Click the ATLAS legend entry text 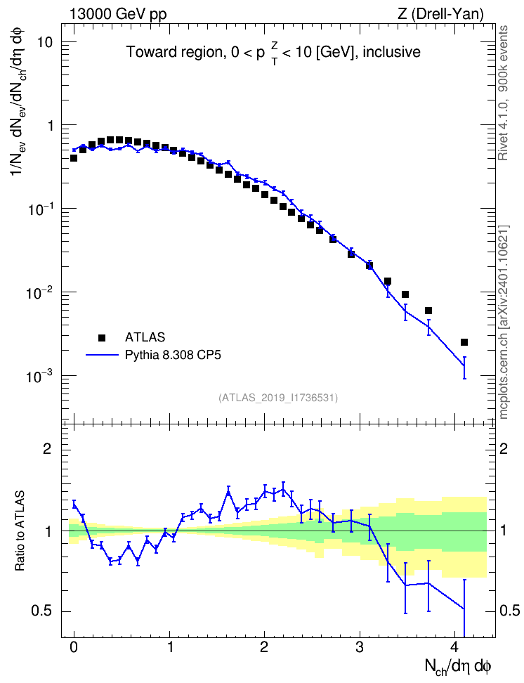pos(145,337)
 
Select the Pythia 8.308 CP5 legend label pos(173,355)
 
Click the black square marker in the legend pos(102,337)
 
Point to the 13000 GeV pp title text pos(118,14)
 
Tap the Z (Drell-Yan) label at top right pos(440,14)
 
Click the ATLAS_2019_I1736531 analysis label pos(278,398)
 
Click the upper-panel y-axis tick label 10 pos(44,42)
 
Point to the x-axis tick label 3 pos(360,646)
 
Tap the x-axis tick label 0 pos(74,646)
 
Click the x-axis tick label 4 pos(454,646)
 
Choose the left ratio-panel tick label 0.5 pos(41,611)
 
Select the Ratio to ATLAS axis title pos(20,531)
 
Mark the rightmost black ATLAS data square pos(464,342)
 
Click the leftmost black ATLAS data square pos(74,158)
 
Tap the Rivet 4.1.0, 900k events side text pos(503,93)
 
